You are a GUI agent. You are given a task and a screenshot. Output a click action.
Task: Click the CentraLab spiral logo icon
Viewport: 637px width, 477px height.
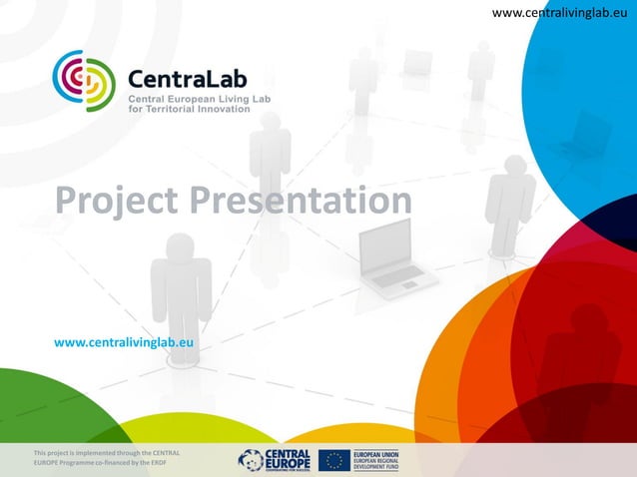click(x=85, y=81)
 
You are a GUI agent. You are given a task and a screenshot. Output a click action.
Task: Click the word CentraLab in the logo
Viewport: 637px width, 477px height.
click(x=188, y=77)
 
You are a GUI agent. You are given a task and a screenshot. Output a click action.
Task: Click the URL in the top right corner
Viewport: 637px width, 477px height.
click(x=563, y=12)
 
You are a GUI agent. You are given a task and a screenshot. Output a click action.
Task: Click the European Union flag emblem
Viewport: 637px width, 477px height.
click(x=334, y=459)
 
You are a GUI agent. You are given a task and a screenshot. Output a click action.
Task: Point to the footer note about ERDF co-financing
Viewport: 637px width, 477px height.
click(x=106, y=459)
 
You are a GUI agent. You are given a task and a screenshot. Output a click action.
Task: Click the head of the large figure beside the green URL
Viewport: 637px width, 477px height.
click(x=181, y=244)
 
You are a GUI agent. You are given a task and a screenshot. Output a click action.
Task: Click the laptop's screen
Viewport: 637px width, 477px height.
click(x=384, y=244)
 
